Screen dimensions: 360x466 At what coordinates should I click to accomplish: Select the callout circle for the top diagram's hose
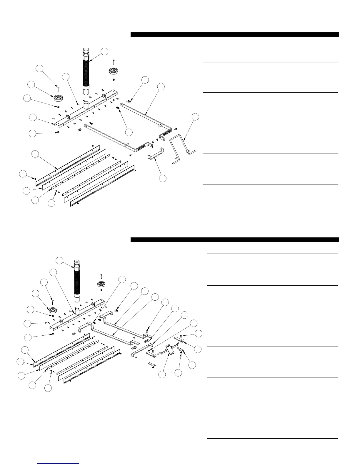pyautogui.click(x=104, y=51)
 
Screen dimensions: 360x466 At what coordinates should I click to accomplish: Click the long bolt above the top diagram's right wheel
pyautogui.click(x=114, y=63)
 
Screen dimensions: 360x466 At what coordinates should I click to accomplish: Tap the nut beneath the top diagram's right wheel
pyautogui.click(x=114, y=79)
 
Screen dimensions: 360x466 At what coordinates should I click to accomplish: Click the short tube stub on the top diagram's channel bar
pyautogui.click(x=86, y=105)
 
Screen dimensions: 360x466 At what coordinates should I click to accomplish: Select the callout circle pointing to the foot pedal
pyautogui.click(x=162, y=374)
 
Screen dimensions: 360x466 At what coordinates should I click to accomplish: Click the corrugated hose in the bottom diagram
pyautogui.click(x=77, y=279)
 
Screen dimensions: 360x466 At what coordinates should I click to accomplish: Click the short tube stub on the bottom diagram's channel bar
pyautogui.click(x=77, y=312)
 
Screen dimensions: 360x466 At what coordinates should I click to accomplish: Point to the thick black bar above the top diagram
pyautogui.click(x=234, y=34)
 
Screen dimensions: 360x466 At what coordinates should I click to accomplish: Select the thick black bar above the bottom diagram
pyautogui.click(x=234, y=240)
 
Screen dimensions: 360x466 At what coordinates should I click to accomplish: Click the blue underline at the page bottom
pyautogui.click(x=59, y=464)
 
